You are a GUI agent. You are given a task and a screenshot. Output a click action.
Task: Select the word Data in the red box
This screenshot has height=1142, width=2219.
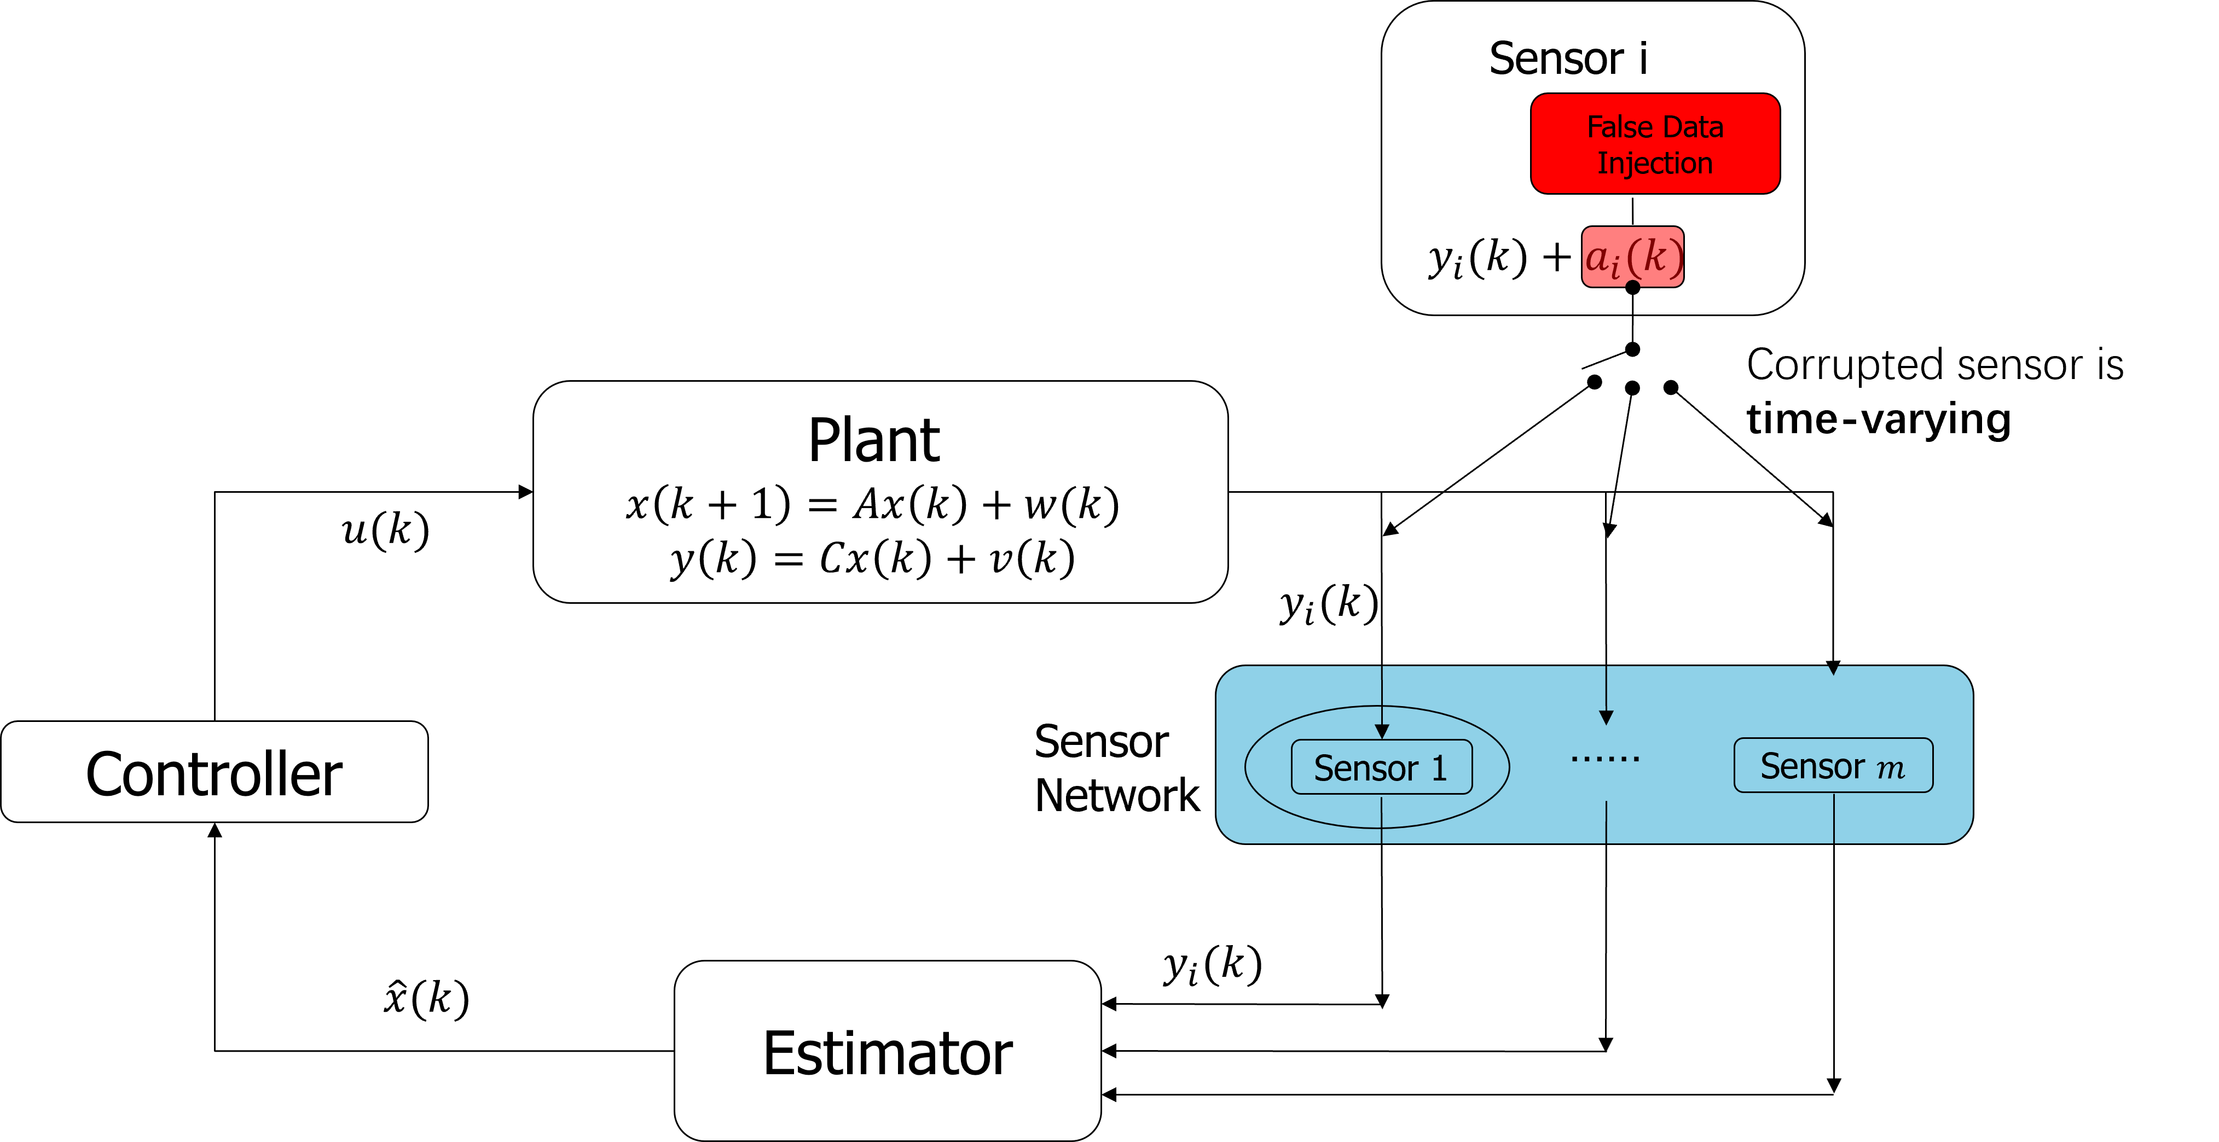[x=1693, y=127]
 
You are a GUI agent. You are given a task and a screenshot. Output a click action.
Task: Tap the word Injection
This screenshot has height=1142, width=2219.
[x=1655, y=163]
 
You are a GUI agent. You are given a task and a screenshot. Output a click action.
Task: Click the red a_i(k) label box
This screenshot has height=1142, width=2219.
[x=1632, y=256]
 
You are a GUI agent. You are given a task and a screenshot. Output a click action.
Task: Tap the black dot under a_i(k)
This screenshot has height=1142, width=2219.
[x=1632, y=285]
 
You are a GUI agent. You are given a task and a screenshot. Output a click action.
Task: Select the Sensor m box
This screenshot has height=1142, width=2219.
[x=1833, y=765]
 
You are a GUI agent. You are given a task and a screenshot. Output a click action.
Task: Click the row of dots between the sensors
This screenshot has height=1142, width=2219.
[x=1605, y=759]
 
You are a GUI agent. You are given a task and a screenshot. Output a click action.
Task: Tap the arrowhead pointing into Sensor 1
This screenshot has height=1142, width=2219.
[x=1382, y=731]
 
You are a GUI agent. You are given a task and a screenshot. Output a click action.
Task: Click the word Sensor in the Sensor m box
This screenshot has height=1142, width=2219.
[x=1811, y=766]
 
